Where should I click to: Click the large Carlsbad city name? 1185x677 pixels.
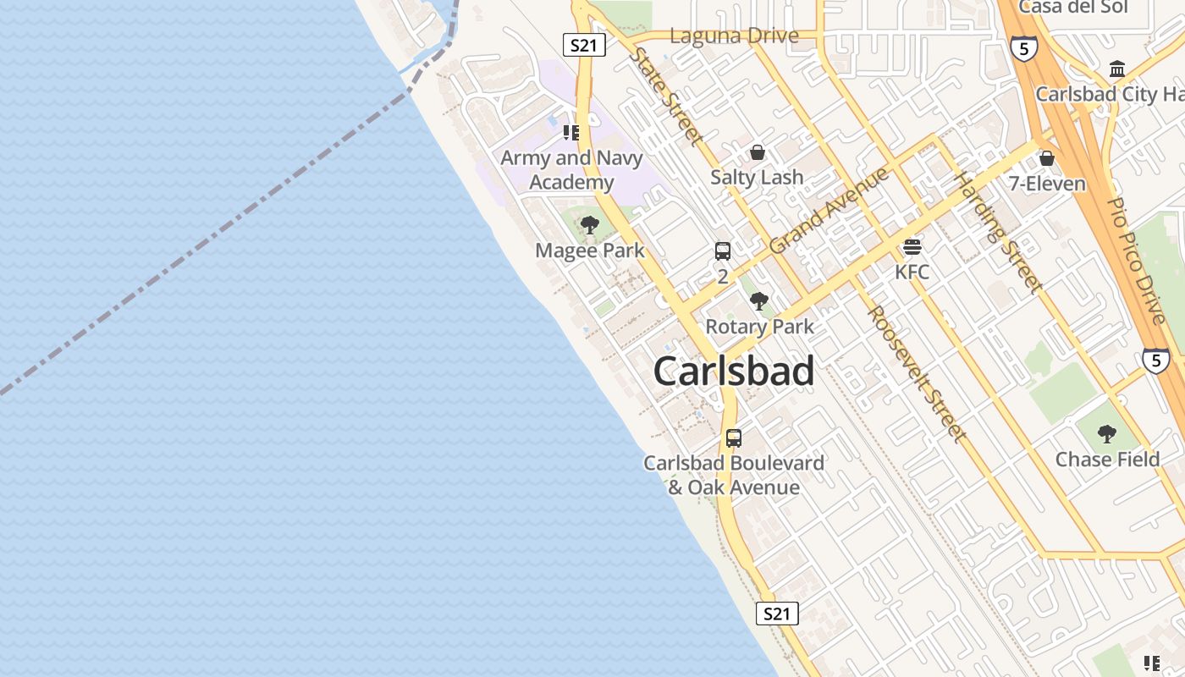(734, 371)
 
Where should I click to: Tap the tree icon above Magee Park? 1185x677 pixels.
(590, 225)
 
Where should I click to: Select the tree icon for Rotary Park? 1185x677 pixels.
(759, 300)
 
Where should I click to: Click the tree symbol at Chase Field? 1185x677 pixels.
(1106, 434)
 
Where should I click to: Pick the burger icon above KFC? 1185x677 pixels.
(912, 246)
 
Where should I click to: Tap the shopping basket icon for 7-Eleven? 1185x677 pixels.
(1047, 158)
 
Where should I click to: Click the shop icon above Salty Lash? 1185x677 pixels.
(758, 152)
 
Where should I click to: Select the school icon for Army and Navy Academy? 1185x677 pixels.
(571, 133)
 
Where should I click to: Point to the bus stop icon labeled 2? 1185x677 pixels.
(723, 250)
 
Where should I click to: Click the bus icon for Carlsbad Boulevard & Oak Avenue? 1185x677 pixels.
(734, 438)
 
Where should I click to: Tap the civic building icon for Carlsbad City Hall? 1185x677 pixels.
(1117, 69)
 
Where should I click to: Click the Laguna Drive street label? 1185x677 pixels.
(734, 36)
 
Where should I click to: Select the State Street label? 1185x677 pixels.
(667, 96)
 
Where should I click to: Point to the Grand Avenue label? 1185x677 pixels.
(829, 210)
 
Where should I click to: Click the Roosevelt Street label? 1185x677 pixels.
(917, 373)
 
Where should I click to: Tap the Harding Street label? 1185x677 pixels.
(998, 232)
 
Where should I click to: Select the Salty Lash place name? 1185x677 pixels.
(757, 177)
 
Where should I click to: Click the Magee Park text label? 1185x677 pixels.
(590, 250)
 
